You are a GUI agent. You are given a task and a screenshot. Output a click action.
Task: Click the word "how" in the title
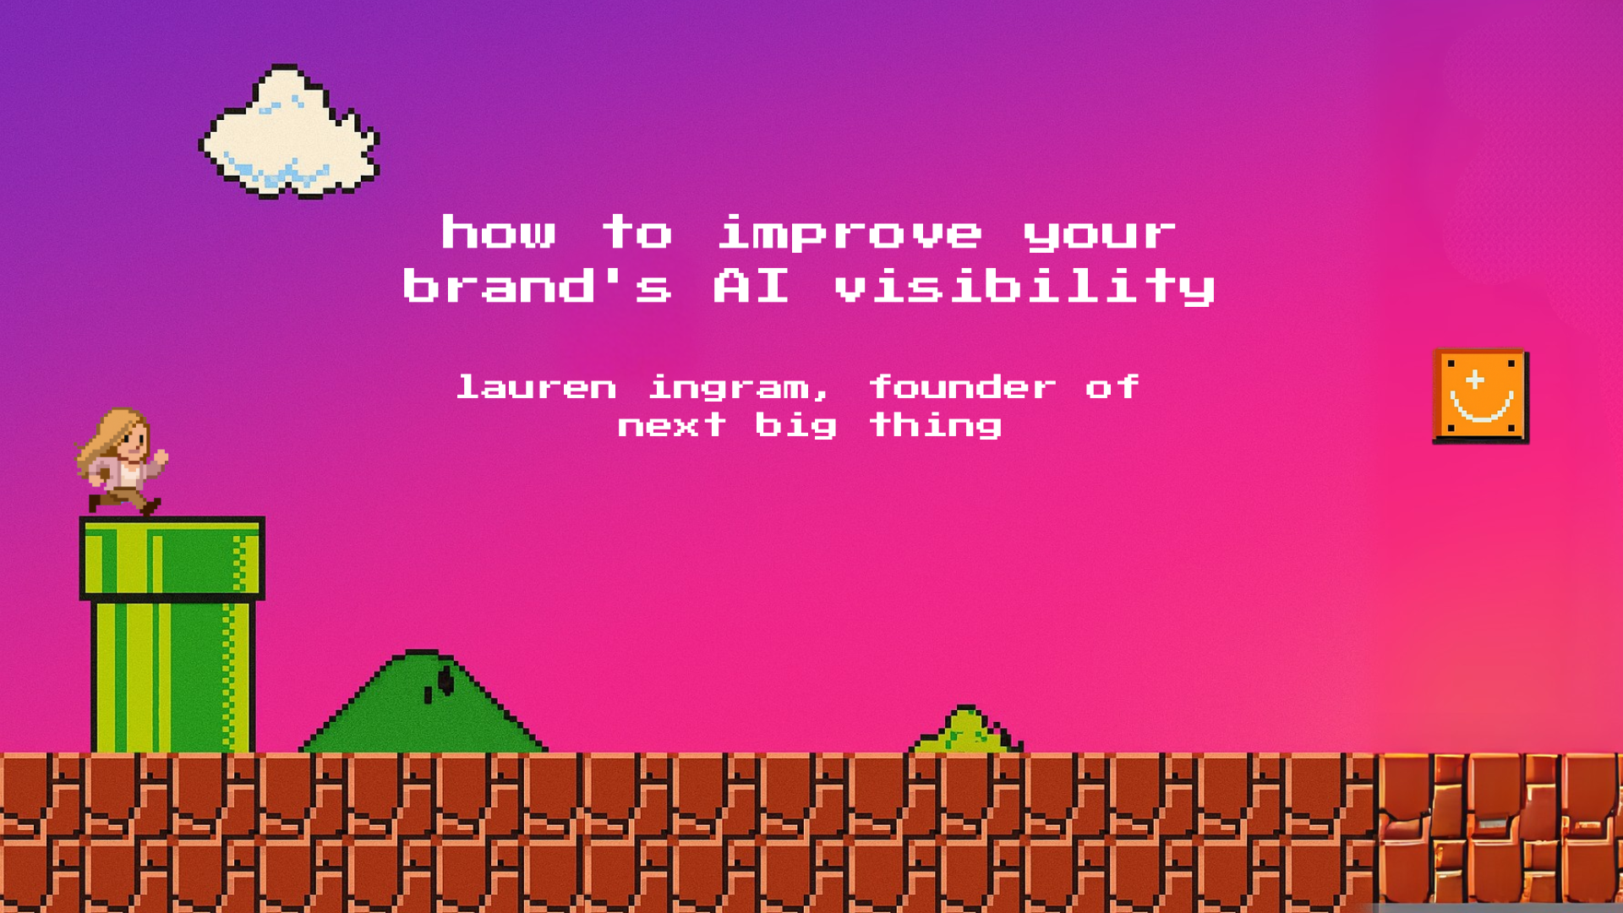pyautogui.click(x=499, y=232)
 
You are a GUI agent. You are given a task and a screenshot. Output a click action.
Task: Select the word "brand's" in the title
pyautogui.click(x=538, y=285)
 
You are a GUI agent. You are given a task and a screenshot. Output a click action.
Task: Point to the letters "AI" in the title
pyautogui.click(x=751, y=286)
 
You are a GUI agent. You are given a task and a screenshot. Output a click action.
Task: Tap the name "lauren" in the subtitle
pyautogui.click(x=537, y=387)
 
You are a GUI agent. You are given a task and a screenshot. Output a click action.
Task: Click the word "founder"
pyautogui.click(x=963, y=387)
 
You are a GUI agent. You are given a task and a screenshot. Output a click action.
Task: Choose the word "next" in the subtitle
pyautogui.click(x=672, y=424)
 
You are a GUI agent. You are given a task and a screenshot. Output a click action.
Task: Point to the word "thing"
pyautogui.click(x=936, y=426)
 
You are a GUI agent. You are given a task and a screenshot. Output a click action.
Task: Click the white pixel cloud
pyautogui.click(x=289, y=133)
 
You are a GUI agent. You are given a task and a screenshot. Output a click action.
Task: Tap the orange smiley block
pyautogui.click(x=1481, y=396)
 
